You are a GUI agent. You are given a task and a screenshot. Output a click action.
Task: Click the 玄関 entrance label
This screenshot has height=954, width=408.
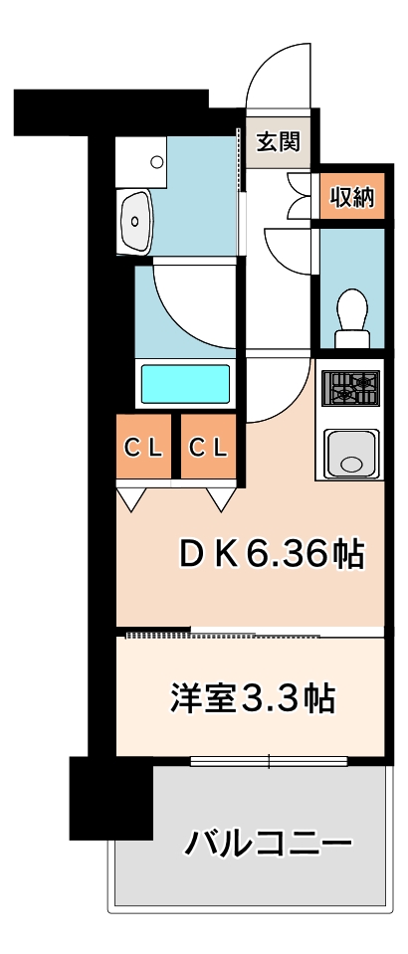click(278, 142)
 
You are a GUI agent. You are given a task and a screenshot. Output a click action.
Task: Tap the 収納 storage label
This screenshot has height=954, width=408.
click(352, 197)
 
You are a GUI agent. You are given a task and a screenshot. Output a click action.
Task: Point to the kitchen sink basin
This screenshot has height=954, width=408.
click(351, 454)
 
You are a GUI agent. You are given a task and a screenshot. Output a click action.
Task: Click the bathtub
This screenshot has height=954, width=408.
click(186, 384)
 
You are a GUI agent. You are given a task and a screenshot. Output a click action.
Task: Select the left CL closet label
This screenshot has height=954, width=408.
click(144, 448)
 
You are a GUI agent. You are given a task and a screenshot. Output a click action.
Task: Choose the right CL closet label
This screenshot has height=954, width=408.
click(208, 448)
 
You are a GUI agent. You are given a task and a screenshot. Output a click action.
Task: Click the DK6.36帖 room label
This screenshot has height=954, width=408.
click(272, 554)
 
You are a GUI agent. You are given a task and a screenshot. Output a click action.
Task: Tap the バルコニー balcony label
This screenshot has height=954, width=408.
click(270, 843)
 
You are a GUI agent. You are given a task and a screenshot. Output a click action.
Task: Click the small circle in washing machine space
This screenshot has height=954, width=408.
click(157, 162)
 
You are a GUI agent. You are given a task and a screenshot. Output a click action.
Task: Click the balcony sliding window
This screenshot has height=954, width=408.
click(269, 761)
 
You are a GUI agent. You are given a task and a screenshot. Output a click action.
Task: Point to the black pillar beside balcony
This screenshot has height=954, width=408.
click(110, 798)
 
